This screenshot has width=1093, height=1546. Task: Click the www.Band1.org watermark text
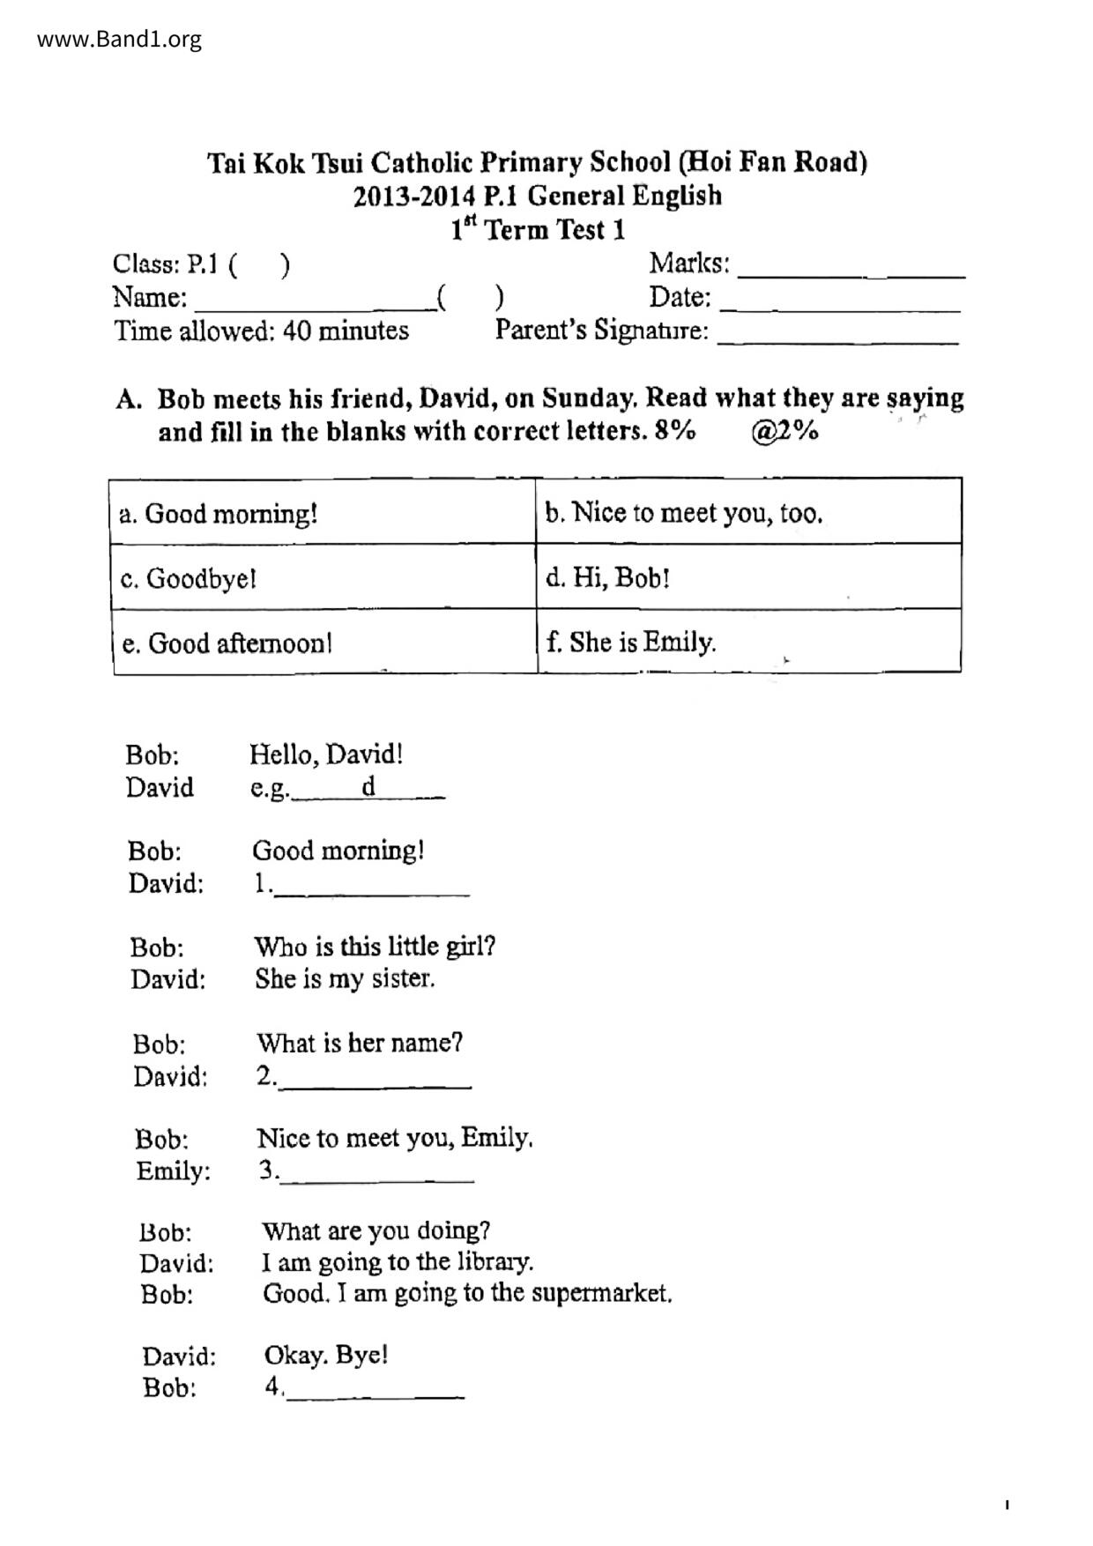(x=119, y=40)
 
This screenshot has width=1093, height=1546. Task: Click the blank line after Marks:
(x=851, y=269)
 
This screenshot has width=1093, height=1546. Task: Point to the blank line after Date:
(x=840, y=302)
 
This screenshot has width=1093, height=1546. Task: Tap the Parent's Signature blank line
(x=837, y=335)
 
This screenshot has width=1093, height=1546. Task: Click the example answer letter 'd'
(x=368, y=786)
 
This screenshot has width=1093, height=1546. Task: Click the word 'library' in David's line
(x=496, y=1262)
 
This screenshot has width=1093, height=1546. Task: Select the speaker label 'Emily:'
(x=174, y=1171)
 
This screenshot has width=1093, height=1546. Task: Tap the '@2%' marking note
(x=784, y=432)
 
